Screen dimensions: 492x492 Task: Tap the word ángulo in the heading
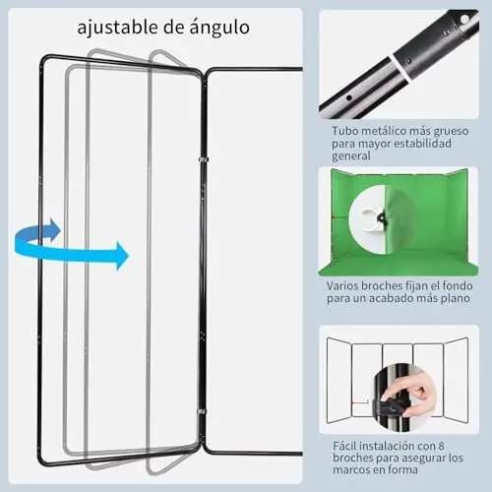click(219, 27)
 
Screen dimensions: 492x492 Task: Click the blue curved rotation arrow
click(70, 244)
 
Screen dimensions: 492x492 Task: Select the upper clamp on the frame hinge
click(204, 159)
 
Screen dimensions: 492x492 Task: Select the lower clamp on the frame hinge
click(201, 411)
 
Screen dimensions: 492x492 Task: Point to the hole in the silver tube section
click(349, 97)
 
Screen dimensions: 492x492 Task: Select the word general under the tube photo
click(351, 156)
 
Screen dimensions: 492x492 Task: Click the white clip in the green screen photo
click(373, 218)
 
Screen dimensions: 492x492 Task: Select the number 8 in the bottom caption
click(441, 446)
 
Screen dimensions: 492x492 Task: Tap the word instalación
click(392, 446)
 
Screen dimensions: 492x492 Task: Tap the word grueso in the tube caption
click(451, 132)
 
